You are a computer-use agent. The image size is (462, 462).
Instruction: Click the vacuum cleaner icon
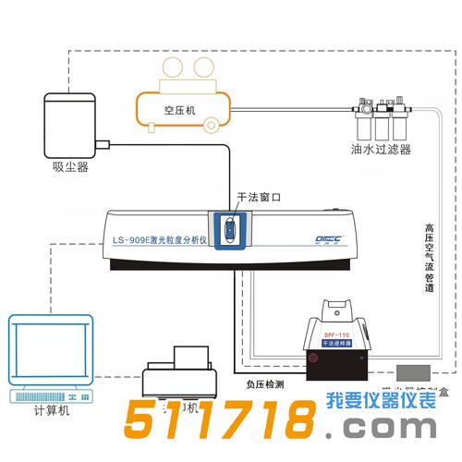(x=67, y=123)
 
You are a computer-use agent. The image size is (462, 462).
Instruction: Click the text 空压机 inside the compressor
(x=182, y=109)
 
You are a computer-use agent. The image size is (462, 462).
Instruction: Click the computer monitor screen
(x=50, y=348)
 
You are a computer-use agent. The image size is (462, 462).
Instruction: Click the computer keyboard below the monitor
(x=50, y=395)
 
